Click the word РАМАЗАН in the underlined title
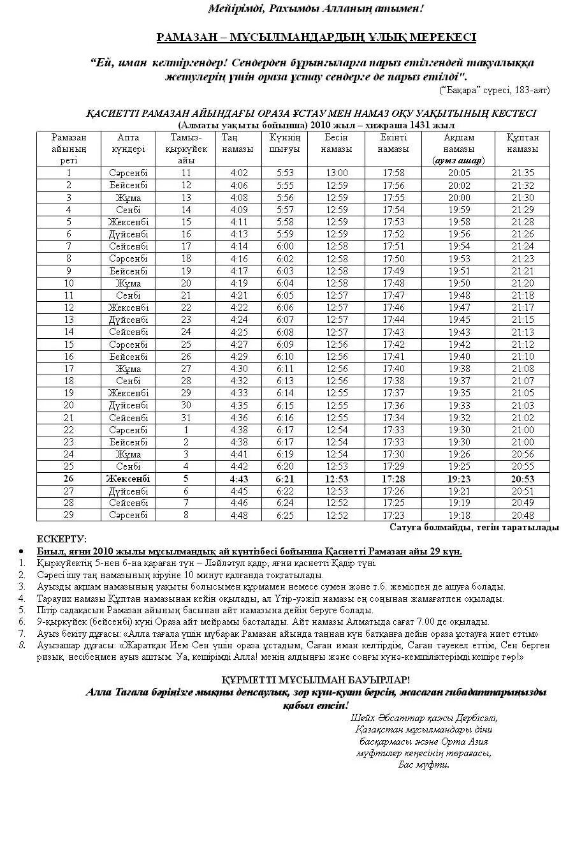click(x=182, y=37)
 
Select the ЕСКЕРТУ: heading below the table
click(x=62, y=539)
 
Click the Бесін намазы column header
click(x=337, y=143)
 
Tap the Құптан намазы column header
click(x=523, y=143)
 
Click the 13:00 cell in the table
click(x=337, y=173)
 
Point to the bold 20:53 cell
click(x=523, y=479)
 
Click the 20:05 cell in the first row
click(x=459, y=173)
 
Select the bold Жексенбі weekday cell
click(x=128, y=479)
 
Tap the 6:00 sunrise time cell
click(x=285, y=246)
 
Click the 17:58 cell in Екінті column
click(x=393, y=173)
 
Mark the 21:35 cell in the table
click(x=523, y=173)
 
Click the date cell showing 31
click(x=186, y=418)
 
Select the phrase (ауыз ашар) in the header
click(x=458, y=161)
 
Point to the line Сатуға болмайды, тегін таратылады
click(x=474, y=528)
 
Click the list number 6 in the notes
click(x=22, y=621)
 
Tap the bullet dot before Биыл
click(x=22, y=551)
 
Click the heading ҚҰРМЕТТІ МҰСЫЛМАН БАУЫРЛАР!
click(x=316, y=680)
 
